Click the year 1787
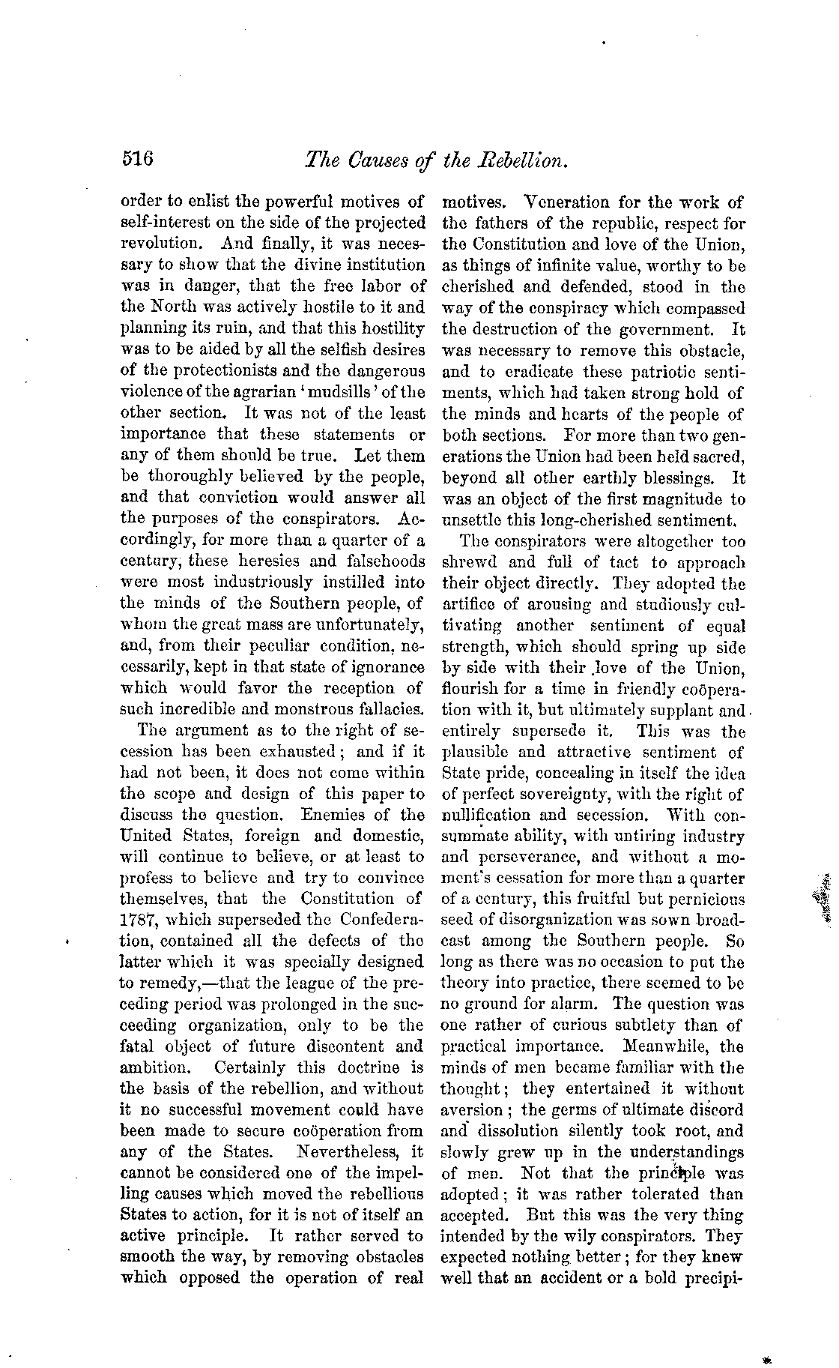coord(137,919)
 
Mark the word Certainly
coord(251,1067)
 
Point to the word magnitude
coord(679,498)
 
